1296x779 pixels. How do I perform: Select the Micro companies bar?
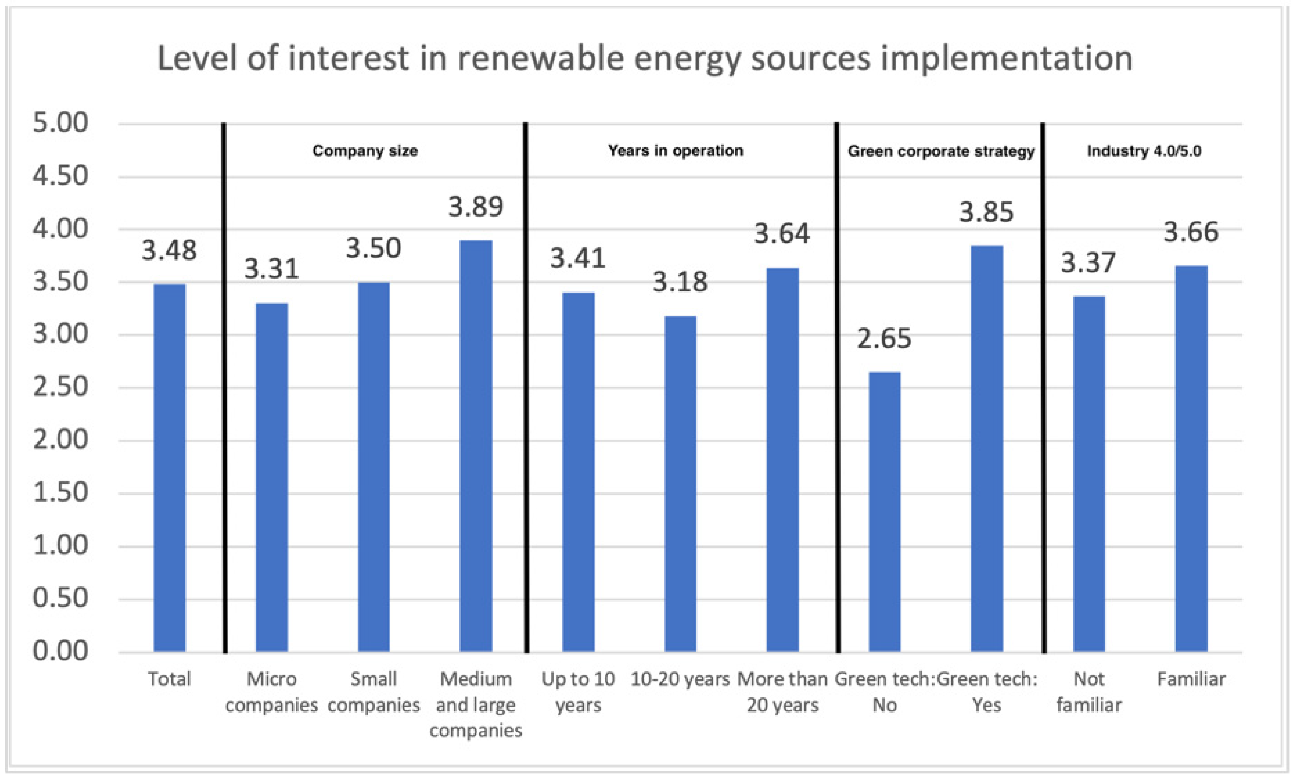coord(271,478)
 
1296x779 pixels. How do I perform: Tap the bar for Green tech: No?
coord(884,512)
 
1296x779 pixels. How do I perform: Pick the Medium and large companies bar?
coord(475,446)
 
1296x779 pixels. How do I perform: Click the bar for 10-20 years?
coord(680,484)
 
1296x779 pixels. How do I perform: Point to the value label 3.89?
coord(475,206)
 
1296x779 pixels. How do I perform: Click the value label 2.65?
coord(884,339)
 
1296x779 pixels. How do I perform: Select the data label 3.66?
coord(1191,232)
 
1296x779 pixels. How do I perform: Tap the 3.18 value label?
coord(680,282)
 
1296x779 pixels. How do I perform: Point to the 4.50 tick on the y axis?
coord(60,176)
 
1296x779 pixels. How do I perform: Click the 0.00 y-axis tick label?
coord(60,651)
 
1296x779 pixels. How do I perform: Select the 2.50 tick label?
coord(60,387)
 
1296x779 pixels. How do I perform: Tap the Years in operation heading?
coord(675,151)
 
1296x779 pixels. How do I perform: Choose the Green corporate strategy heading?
coord(941,151)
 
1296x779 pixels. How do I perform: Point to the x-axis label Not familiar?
coord(1089,692)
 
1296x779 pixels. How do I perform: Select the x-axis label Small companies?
coord(373,692)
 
